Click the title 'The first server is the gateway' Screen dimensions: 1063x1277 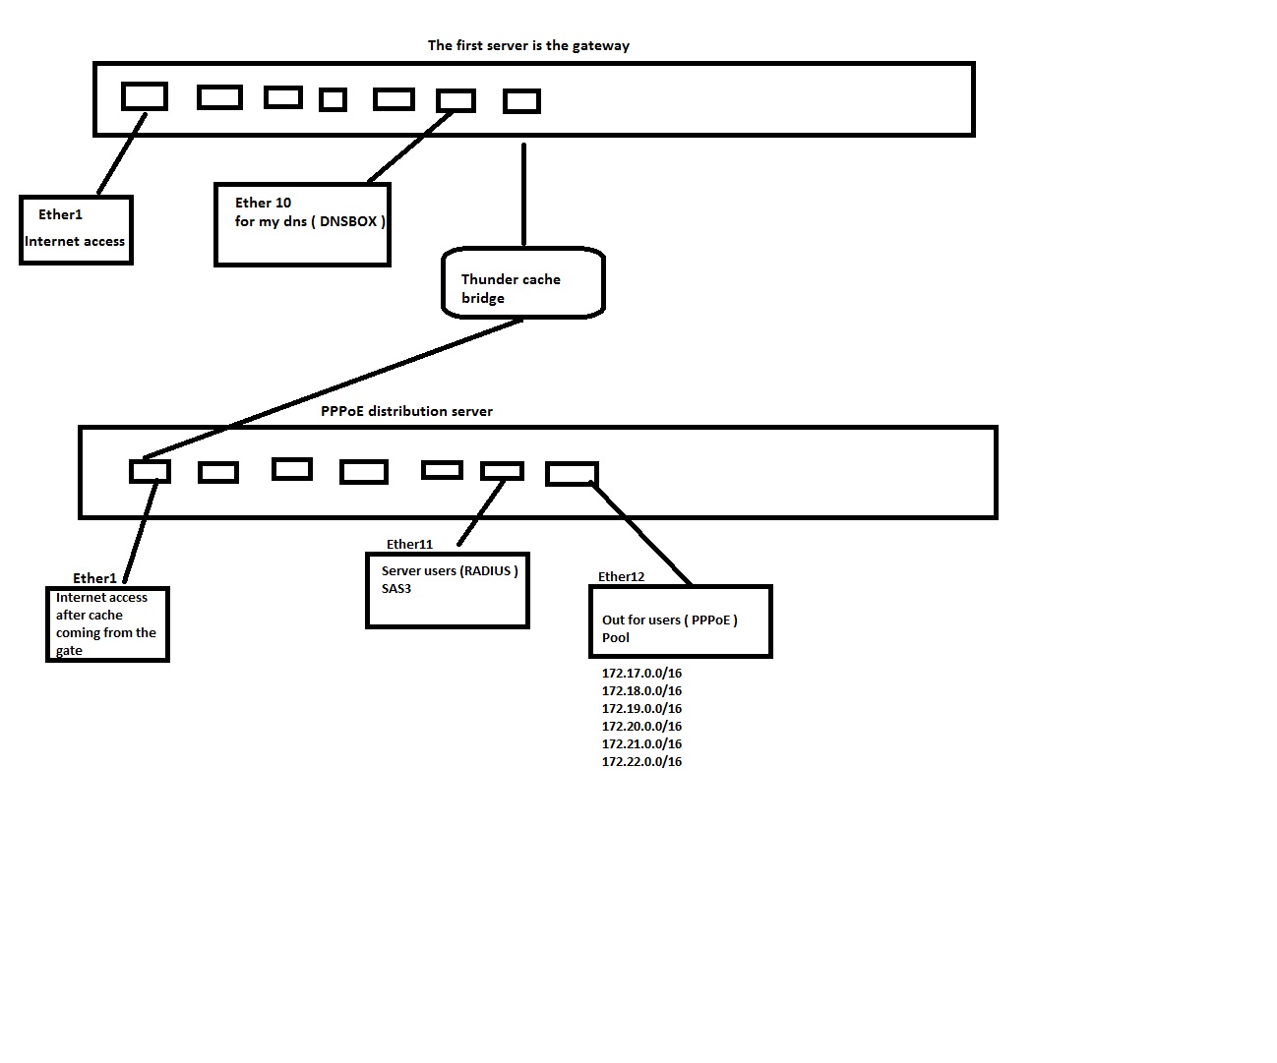coord(528,45)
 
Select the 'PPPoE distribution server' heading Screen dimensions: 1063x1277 coord(406,411)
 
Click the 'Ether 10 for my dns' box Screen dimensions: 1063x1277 coord(302,224)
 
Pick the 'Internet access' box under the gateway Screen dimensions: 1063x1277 coord(76,230)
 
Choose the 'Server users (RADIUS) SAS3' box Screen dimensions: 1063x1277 coord(448,590)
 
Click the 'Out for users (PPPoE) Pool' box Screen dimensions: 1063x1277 coord(680,621)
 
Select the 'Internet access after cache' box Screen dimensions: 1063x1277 coord(108,624)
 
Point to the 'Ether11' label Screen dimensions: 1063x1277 coord(409,544)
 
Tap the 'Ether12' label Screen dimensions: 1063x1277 coord(621,576)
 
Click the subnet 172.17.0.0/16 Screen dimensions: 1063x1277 coord(641,674)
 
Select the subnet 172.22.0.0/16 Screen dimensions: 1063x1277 coord(641,762)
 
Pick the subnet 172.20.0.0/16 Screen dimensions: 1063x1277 coord(641,727)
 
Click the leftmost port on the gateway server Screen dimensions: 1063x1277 coord(145,96)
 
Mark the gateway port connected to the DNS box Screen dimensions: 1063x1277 coord(456,100)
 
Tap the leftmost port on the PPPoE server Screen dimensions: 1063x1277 coord(150,472)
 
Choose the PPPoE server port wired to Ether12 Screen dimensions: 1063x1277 coord(572,474)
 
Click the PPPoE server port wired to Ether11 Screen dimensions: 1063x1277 coord(502,471)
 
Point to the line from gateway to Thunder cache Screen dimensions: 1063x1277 coord(523,194)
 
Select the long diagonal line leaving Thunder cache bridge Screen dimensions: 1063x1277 coord(334,388)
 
